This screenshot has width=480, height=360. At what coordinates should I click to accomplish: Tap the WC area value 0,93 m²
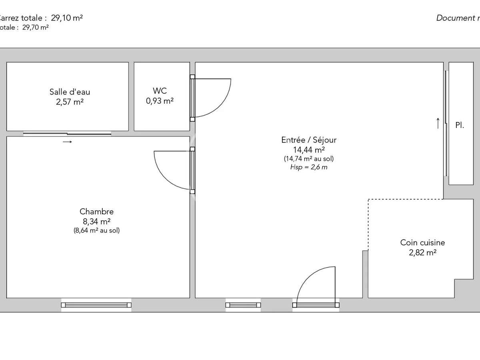(x=160, y=101)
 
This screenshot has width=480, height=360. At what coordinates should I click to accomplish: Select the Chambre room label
(x=96, y=212)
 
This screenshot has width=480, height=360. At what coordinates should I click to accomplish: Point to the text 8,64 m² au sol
(x=96, y=230)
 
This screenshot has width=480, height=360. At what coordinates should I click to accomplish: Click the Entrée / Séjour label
(x=309, y=140)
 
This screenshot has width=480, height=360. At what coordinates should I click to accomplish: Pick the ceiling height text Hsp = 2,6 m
(x=309, y=167)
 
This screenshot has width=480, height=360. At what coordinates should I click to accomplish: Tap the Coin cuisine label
(x=422, y=242)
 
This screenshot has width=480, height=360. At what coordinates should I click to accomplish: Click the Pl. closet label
(x=460, y=125)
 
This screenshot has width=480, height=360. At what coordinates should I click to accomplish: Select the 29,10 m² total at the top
(x=67, y=18)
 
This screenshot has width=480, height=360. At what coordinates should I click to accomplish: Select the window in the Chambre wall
(x=96, y=305)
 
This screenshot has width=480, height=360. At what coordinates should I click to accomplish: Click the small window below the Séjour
(x=243, y=305)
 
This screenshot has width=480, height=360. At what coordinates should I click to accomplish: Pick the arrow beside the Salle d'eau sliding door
(x=67, y=142)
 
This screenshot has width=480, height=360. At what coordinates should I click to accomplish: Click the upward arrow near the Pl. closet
(x=438, y=123)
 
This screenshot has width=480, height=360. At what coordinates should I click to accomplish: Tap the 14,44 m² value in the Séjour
(x=309, y=150)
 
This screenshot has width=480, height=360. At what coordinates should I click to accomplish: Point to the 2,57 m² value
(x=70, y=102)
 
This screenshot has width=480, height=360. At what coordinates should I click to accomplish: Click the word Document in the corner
(x=454, y=18)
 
